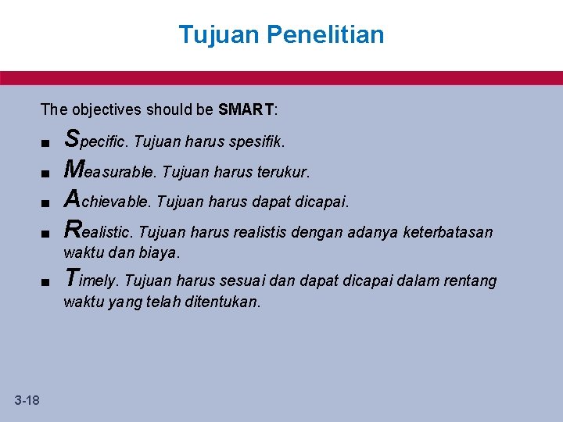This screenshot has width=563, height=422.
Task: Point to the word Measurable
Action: pos(111,171)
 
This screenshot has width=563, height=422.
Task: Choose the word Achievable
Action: pos(108,201)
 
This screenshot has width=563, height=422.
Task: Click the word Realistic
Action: pos(101,231)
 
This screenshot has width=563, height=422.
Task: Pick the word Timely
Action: pos(91,280)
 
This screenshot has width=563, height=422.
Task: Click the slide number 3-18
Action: pos(27,401)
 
